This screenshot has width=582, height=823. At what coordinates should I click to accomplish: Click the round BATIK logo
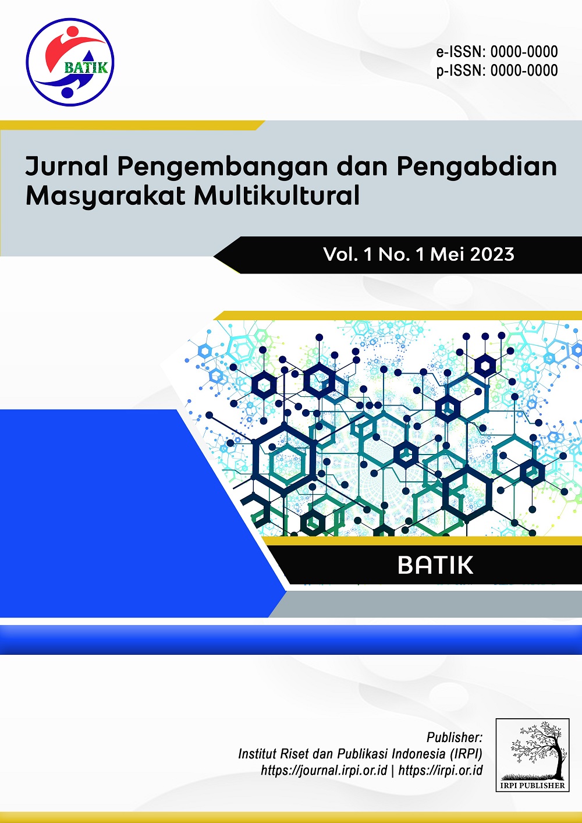(x=70, y=62)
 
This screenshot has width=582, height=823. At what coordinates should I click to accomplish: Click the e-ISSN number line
(x=497, y=52)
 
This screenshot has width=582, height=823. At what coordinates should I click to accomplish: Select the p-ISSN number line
(x=497, y=70)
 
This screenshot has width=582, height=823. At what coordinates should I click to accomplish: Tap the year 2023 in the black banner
(x=492, y=254)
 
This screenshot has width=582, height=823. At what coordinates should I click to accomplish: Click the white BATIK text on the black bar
(x=435, y=565)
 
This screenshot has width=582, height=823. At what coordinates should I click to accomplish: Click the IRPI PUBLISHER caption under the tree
(x=533, y=786)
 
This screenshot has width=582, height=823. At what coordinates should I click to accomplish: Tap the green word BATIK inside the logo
(x=86, y=68)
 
